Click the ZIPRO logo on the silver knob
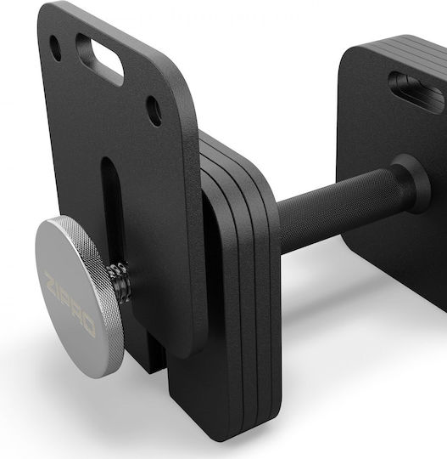coord(70,304)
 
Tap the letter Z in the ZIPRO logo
coord(50,279)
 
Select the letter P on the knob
coord(68,302)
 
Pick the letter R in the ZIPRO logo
coord(78,314)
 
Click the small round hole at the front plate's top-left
coord(55,48)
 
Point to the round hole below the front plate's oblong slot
coord(154,111)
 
